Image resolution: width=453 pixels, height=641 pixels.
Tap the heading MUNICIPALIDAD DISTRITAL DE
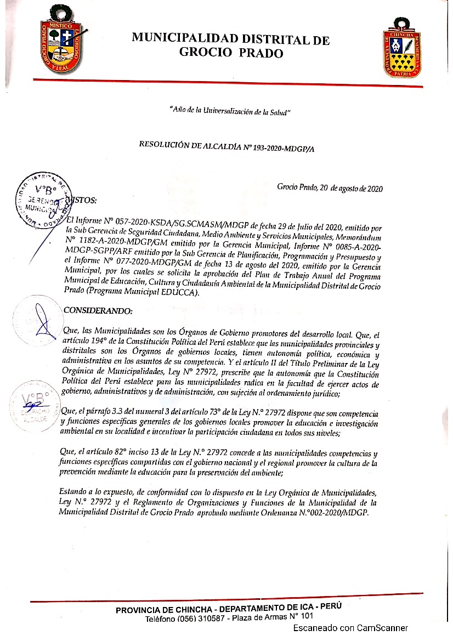point(230,39)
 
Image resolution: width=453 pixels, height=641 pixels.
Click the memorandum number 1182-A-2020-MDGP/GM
point(121,241)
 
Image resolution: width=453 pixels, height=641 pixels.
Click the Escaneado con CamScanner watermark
point(350,628)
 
